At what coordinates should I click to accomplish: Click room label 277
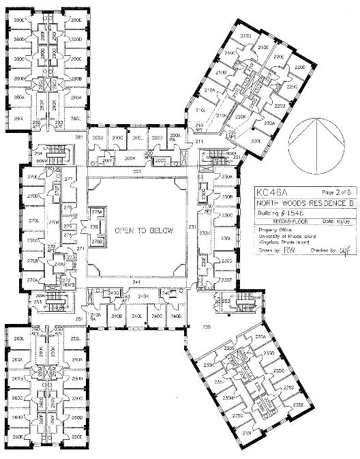68,180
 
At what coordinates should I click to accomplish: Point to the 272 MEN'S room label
66,281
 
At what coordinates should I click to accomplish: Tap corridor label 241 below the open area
136,282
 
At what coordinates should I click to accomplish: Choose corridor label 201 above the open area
136,171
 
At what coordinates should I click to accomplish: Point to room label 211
198,140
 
